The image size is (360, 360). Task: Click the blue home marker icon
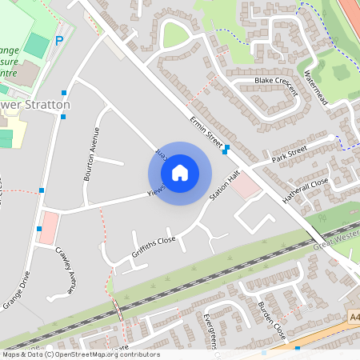click(x=180, y=173)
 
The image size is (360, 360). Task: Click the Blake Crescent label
click(x=276, y=81)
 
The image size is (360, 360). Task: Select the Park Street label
click(x=289, y=151)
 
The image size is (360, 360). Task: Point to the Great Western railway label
click(x=336, y=240)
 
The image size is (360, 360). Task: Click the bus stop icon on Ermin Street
click(x=227, y=148)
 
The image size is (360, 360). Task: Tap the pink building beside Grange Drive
click(x=48, y=228)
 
